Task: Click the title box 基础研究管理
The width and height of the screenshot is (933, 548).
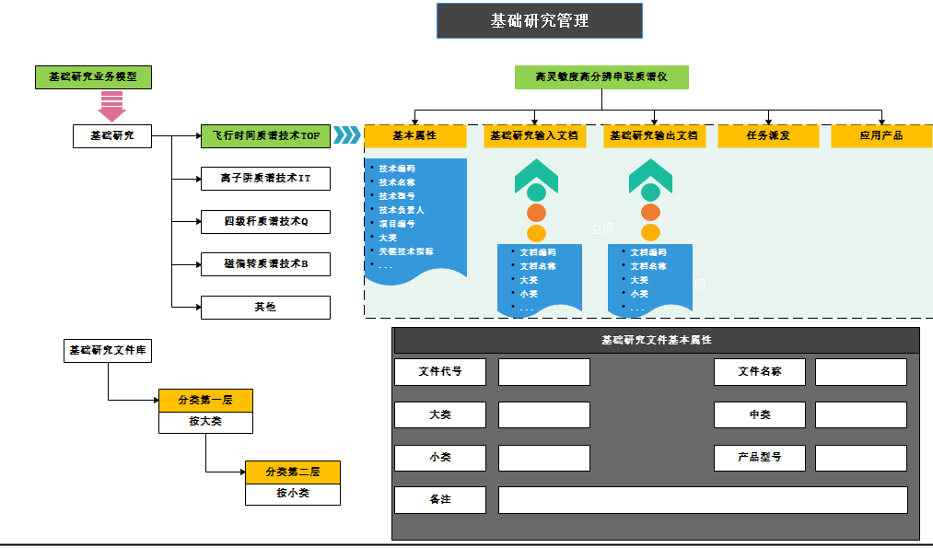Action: coord(539,20)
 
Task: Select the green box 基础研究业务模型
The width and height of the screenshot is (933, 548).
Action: coord(93,77)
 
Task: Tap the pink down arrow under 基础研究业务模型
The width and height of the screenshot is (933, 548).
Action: coord(111,107)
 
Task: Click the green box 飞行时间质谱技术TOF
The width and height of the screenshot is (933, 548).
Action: coord(265,136)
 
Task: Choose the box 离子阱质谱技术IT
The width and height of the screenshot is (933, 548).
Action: coord(265,179)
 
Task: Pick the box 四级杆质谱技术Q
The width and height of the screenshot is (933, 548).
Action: coord(265,221)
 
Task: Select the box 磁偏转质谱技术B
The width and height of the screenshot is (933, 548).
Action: coord(265,264)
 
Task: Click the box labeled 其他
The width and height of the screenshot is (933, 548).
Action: coord(265,307)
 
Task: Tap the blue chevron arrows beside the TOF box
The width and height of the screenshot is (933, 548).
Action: coord(346,136)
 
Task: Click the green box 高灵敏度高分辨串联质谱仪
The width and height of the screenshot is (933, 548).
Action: coord(601,77)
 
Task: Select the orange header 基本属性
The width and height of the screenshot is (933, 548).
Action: coord(414,136)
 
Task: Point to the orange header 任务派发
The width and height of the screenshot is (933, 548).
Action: coord(767,136)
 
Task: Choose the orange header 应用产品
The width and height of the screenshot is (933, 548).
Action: coord(881,136)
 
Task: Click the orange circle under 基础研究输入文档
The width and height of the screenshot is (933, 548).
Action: coord(536,213)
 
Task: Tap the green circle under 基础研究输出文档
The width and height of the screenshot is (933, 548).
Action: coord(650,192)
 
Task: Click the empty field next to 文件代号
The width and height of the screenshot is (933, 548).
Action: coord(543,372)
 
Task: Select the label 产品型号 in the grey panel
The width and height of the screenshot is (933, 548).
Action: coord(759,457)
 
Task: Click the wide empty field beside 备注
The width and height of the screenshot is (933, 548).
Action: coord(703,500)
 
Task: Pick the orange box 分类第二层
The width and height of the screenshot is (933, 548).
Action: coord(292,472)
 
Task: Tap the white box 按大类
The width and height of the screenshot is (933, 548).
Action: coord(205,422)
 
